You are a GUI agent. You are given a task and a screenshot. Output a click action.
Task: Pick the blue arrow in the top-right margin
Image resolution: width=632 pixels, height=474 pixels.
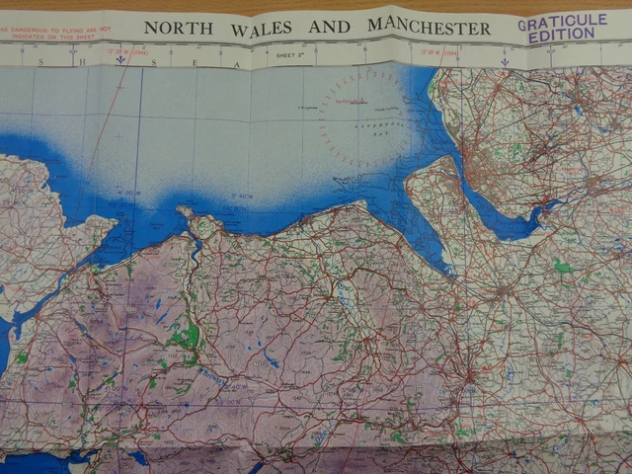coord(505,61)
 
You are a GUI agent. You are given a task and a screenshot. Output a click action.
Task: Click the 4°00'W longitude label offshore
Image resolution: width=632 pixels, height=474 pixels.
coord(128,193)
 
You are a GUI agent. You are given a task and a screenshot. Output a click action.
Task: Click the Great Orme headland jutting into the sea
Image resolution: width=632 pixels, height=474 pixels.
coord(185,211)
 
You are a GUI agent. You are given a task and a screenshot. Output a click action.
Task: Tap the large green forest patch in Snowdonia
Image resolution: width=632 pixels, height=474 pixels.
coord(185,337)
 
